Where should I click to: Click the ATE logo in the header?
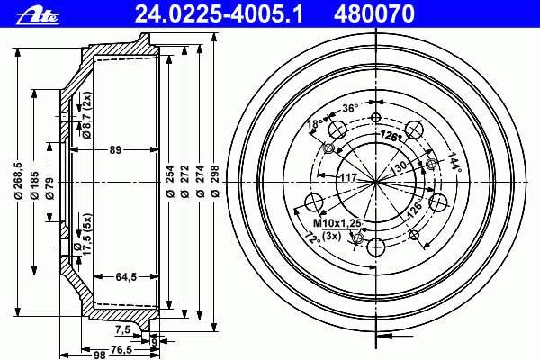38,16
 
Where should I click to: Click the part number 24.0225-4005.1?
219,14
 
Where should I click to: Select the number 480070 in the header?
374,14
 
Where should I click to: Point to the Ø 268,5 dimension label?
18,181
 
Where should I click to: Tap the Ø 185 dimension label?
34,184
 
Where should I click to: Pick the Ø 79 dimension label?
49,188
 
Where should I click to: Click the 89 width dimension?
115,150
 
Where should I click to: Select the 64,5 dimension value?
126,276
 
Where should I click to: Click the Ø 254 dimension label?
169,181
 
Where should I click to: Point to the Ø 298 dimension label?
215,181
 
